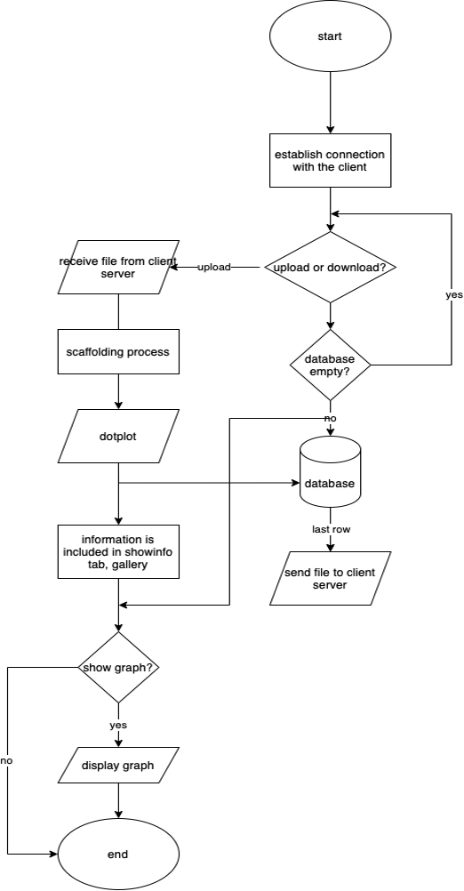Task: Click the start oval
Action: [330, 37]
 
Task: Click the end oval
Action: [118, 854]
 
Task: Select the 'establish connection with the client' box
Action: [330, 161]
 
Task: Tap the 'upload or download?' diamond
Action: [330, 267]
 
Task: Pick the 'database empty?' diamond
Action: [330, 365]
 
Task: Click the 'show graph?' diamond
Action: [118, 667]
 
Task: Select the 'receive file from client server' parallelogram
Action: [118, 268]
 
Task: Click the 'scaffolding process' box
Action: [118, 351]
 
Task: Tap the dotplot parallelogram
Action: [118, 437]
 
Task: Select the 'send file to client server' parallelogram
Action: [330, 579]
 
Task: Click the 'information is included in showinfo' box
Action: [118, 551]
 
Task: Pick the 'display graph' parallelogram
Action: [118, 765]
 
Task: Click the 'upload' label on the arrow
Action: [214, 267]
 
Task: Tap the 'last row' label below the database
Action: [330, 529]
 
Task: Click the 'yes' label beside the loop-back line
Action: [453, 295]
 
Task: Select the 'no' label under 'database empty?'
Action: [330, 417]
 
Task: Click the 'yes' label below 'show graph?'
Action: [118, 725]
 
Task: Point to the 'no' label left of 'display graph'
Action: [7, 761]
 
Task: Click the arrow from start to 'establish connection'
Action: [330, 102]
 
